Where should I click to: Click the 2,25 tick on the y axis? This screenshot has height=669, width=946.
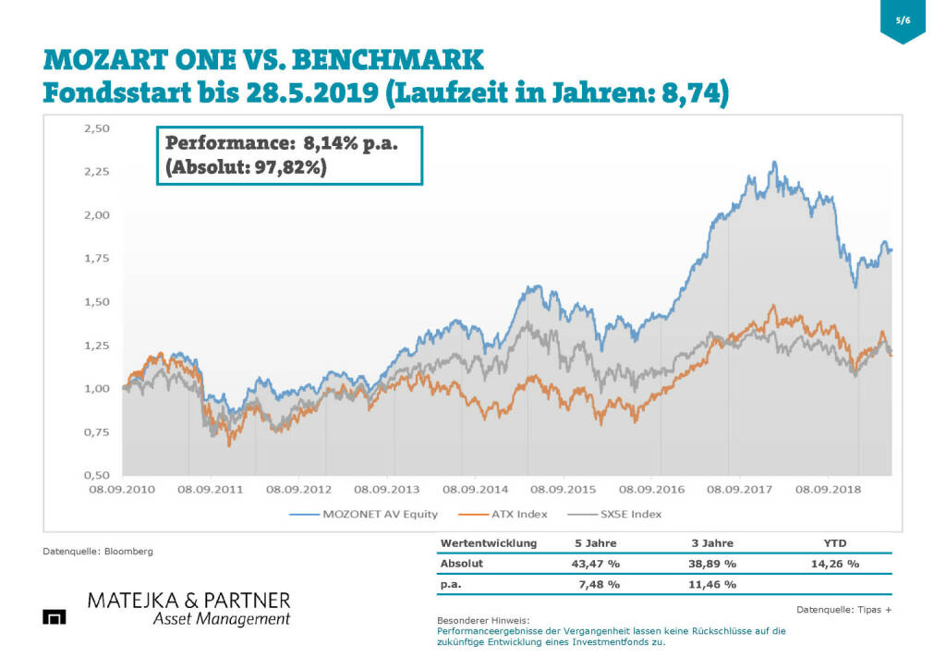96,172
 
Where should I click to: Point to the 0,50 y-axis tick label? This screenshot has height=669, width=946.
96,475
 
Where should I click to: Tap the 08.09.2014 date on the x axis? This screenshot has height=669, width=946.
475,490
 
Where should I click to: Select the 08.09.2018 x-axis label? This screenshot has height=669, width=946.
828,490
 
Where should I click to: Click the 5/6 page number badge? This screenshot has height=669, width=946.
903,20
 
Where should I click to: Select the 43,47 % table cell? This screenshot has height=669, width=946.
594,563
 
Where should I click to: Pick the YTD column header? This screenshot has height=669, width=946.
834,542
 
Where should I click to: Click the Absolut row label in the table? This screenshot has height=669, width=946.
462,563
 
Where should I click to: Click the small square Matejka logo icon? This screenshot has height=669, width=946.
55,616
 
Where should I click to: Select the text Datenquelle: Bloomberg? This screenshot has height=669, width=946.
98,552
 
